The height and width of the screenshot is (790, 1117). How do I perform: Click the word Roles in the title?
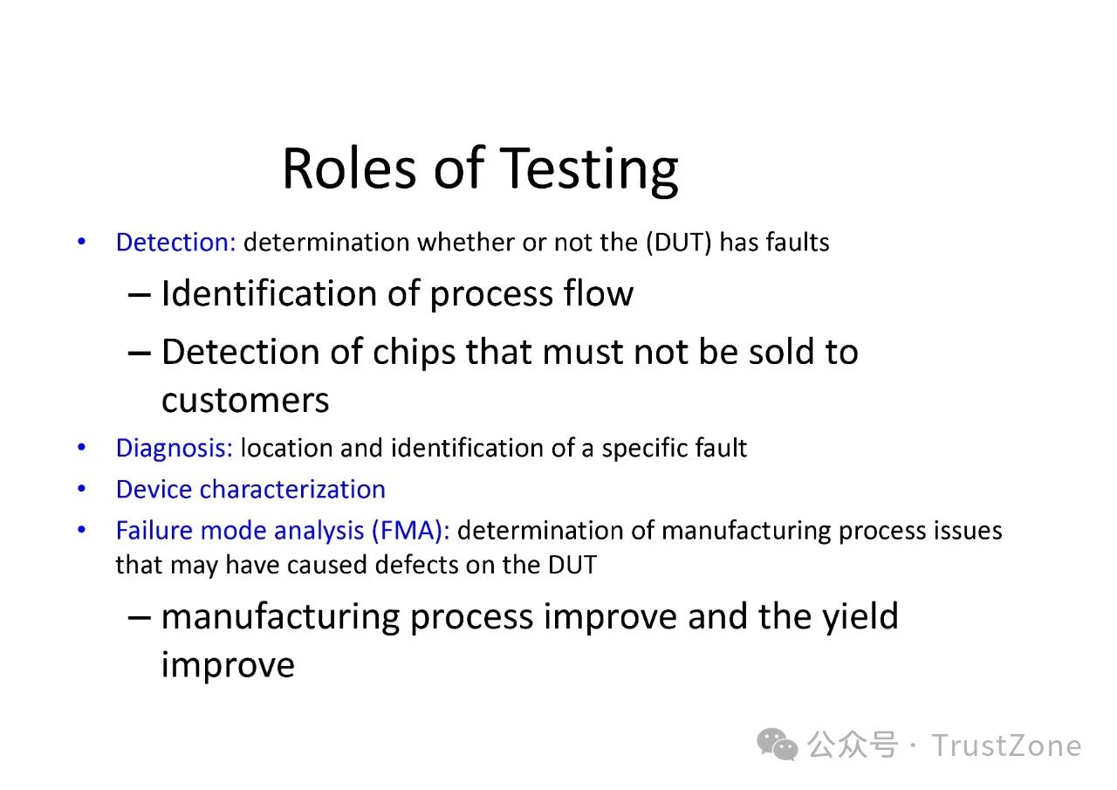pos(350,168)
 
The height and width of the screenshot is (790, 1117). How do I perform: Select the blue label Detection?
pos(175,243)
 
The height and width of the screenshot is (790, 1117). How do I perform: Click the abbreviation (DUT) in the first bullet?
pos(679,243)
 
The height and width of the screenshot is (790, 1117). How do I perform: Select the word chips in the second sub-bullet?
pos(414,353)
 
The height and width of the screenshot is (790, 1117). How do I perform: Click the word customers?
pos(245,400)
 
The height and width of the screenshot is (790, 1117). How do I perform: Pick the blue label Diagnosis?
pos(175,449)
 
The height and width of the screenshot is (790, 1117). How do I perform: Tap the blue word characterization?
pos(292,489)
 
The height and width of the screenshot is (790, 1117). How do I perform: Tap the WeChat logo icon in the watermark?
pos(778,745)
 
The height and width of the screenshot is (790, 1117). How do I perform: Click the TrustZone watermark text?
pos(1006,746)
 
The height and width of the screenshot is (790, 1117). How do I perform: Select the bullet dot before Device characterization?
pos(82,489)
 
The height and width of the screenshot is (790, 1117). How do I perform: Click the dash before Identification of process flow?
pos(139,295)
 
